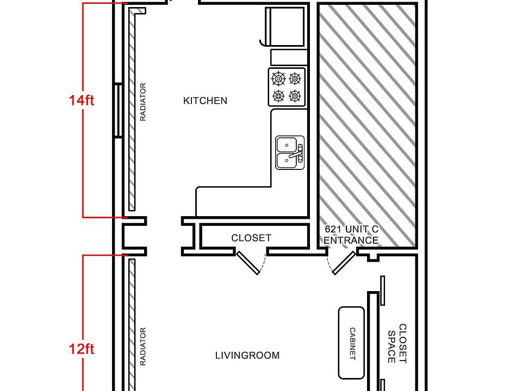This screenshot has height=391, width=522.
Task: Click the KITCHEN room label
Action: [205, 101]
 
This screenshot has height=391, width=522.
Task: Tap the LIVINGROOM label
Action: [247, 355]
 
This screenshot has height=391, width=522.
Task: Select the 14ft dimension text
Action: [82, 100]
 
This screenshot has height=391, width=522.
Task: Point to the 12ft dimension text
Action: [82, 349]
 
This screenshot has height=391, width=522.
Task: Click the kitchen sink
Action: [290, 153]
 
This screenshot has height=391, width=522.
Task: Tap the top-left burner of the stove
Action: [278, 79]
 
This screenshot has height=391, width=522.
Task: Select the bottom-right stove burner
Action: [295, 96]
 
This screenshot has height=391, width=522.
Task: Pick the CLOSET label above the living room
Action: [251, 238]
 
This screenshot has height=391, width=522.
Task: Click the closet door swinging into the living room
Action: [248, 263]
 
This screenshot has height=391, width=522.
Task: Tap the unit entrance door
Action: [345, 263]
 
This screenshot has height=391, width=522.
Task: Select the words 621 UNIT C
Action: [352, 229]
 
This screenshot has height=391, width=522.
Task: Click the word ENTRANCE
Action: [351, 240]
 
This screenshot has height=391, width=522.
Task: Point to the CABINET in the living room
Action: [351, 343]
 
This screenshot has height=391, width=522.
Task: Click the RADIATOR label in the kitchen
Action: [143, 102]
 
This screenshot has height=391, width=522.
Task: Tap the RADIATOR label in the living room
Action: [143, 347]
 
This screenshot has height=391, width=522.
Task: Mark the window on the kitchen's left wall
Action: [119, 110]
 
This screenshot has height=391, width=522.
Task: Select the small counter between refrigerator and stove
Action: [289, 57]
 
